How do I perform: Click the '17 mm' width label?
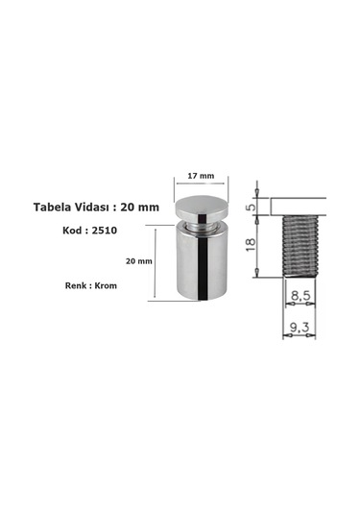click(200, 176)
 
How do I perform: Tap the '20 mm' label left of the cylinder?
click(138, 260)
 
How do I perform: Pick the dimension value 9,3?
click(298, 328)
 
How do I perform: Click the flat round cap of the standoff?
click(200, 206)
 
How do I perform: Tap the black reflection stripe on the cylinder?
click(203, 269)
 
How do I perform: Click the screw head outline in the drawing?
click(299, 205)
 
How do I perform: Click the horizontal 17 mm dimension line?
click(200, 185)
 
